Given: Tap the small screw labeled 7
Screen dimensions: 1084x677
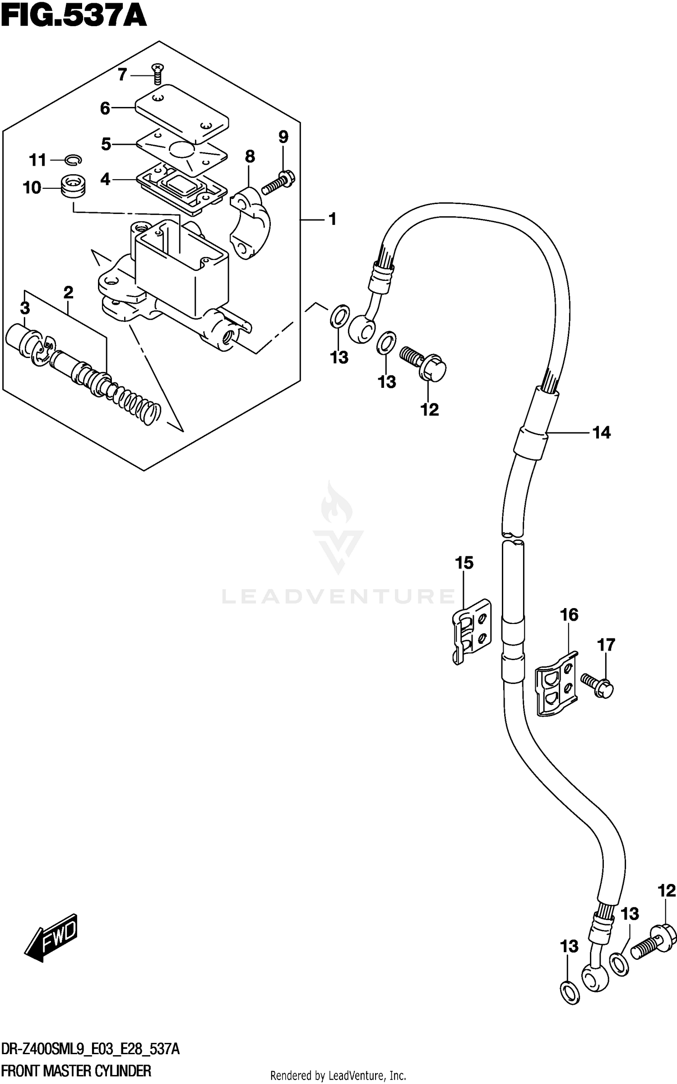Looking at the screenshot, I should click(x=158, y=73).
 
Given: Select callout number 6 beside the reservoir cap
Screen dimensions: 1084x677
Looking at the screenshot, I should click(x=105, y=108).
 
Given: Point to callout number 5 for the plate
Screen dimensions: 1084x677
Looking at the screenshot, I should click(x=106, y=144).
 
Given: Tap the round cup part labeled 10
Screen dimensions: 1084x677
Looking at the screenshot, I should click(x=74, y=186).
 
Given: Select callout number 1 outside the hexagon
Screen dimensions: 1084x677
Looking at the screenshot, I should click(x=333, y=219).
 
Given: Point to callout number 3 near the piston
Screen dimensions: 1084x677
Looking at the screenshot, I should click(x=25, y=308).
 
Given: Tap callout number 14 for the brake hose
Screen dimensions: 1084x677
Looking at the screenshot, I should click(x=601, y=433).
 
